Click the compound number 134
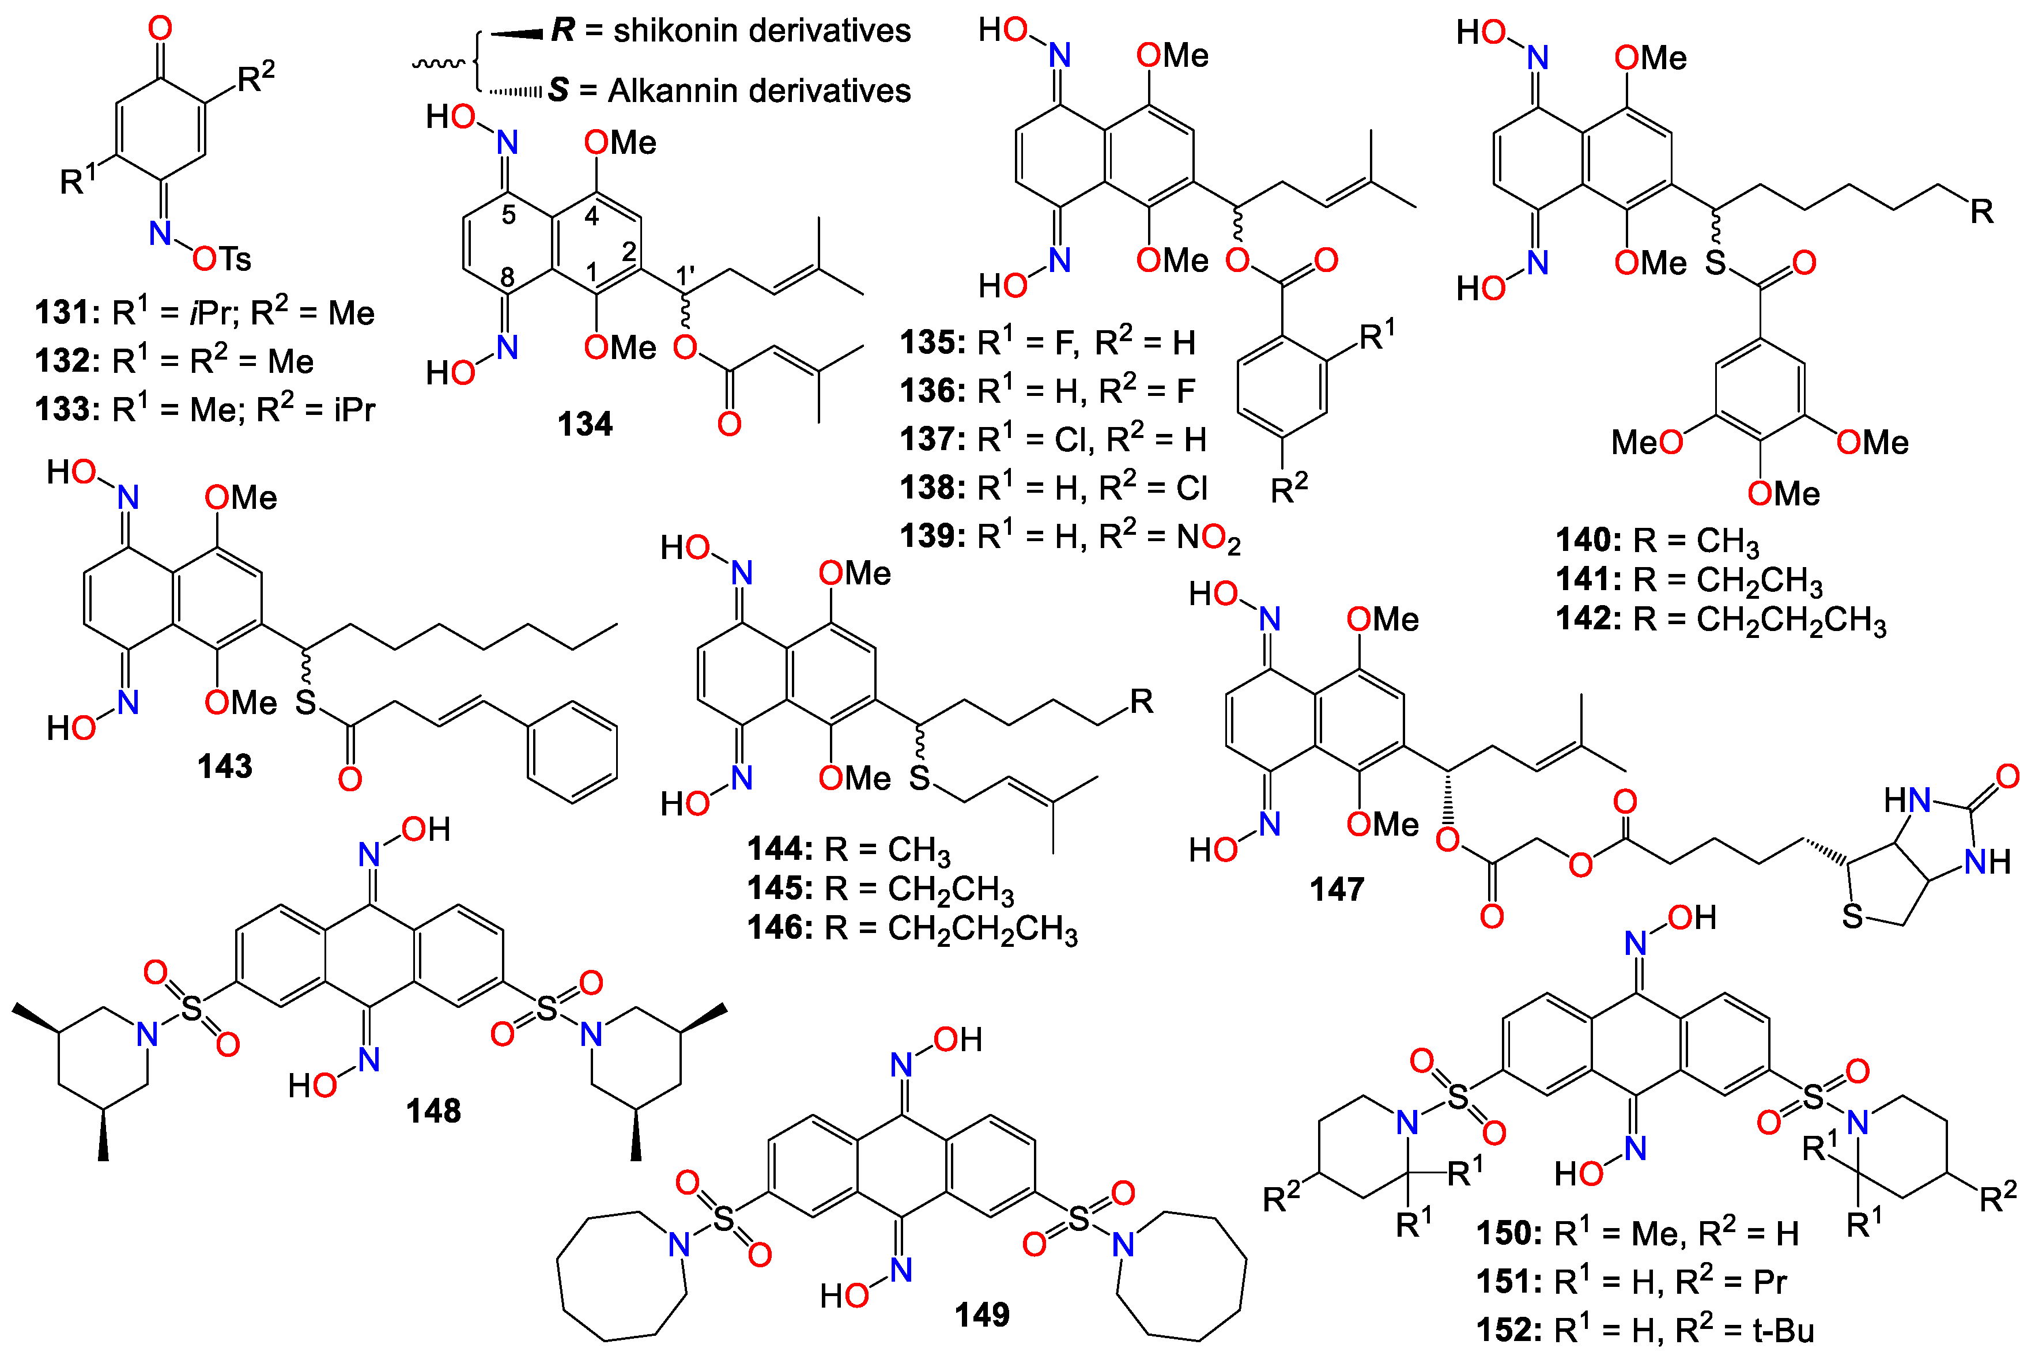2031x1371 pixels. [x=584, y=425]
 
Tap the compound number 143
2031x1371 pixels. [x=225, y=766]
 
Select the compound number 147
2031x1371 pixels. [x=1337, y=890]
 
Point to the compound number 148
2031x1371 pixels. [x=433, y=1112]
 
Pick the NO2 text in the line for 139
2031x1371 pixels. [x=1208, y=537]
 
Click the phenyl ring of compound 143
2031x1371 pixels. [x=572, y=750]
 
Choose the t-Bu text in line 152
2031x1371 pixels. [x=1783, y=1331]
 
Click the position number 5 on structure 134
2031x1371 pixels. [x=509, y=215]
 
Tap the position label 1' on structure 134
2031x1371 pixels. [x=685, y=276]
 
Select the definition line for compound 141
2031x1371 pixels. [x=1689, y=579]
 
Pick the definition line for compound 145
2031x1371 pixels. [x=880, y=889]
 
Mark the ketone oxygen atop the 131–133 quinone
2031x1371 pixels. [x=160, y=29]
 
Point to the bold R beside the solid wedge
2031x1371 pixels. [x=563, y=31]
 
